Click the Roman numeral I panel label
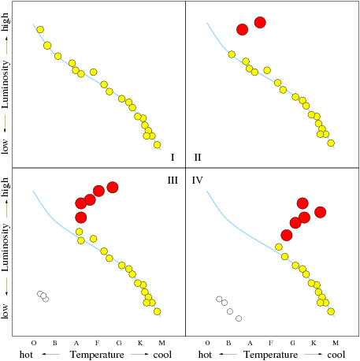click(173, 157)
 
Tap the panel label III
click(173, 180)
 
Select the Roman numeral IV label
click(197, 180)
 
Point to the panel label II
click(198, 157)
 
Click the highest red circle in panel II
click(260, 22)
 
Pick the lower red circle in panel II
click(242, 29)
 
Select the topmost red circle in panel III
click(113, 188)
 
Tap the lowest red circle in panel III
click(81, 218)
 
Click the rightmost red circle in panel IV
click(320, 212)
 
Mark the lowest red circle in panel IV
click(287, 235)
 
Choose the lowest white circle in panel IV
click(239, 318)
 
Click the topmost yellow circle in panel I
click(40, 29)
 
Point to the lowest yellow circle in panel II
click(331, 143)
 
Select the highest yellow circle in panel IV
click(279, 247)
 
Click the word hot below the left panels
click(26, 355)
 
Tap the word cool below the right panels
click(336, 355)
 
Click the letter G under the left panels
click(119, 343)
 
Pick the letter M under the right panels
click(336, 343)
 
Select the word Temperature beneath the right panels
click(270, 355)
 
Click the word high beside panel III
click(5, 188)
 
